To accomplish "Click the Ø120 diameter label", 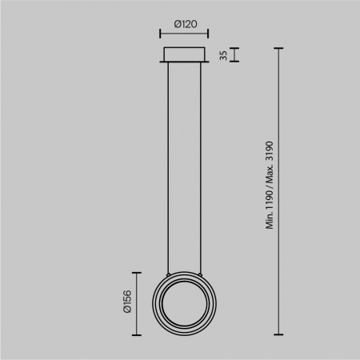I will pos(185,24).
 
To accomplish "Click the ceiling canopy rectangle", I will pos(185,54).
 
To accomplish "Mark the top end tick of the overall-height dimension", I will pos(279,47).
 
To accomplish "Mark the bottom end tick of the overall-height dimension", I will pos(279,334).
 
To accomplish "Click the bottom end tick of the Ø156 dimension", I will pos(138,334).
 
